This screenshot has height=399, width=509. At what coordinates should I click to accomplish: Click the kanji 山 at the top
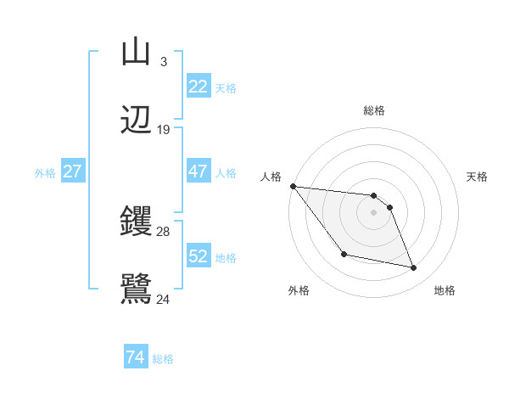click(136, 53)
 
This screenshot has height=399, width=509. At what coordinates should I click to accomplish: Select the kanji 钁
click(136, 222)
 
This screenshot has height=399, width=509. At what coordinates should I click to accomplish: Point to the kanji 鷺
click(136, 289)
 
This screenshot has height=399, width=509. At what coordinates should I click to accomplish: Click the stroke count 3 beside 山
click(163, 62)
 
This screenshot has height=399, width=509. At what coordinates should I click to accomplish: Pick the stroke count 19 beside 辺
click(164, 129)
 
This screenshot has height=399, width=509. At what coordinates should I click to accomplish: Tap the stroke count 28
click(164, 232)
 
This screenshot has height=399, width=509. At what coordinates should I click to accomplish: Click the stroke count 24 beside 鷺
click(164, 299)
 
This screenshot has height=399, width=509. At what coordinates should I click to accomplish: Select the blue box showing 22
click(199, 87)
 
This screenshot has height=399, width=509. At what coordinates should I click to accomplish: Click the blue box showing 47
click(199, 171)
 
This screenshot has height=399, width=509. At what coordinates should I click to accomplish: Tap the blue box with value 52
click(199, 256)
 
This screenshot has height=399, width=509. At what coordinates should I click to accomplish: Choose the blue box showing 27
click(72, 171)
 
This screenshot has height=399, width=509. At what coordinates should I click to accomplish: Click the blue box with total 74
click(135, 358)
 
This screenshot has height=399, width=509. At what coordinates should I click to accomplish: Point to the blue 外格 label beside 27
click(45, 172)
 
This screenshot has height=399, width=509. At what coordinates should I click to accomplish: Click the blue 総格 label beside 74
click(163, 359)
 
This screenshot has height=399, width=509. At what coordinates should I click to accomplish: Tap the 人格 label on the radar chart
click(271, 177)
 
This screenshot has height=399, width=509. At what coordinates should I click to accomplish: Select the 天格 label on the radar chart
click(478, 177)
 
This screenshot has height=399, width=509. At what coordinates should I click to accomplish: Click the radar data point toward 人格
click(293, 186)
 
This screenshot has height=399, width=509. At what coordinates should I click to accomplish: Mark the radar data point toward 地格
click(414, 268)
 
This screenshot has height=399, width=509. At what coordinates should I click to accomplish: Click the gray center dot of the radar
click(373, 212)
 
